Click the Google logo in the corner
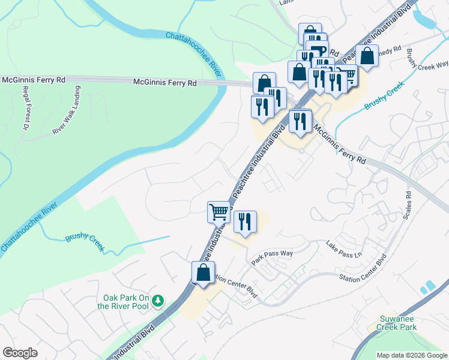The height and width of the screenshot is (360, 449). coord(20,353)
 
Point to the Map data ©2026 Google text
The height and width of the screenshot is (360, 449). coord(411,355)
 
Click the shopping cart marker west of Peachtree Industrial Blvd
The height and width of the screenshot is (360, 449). coord(218,211)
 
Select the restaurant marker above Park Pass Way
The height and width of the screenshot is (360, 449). coord(245,221)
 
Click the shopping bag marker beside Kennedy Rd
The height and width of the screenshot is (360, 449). coord(367,56)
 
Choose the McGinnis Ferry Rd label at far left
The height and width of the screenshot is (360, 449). coord(34,79)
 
